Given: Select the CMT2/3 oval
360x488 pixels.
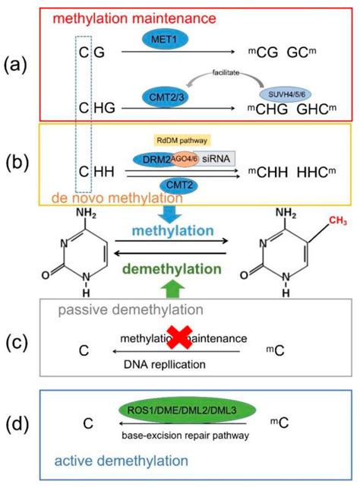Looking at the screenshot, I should click(156, 97).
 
